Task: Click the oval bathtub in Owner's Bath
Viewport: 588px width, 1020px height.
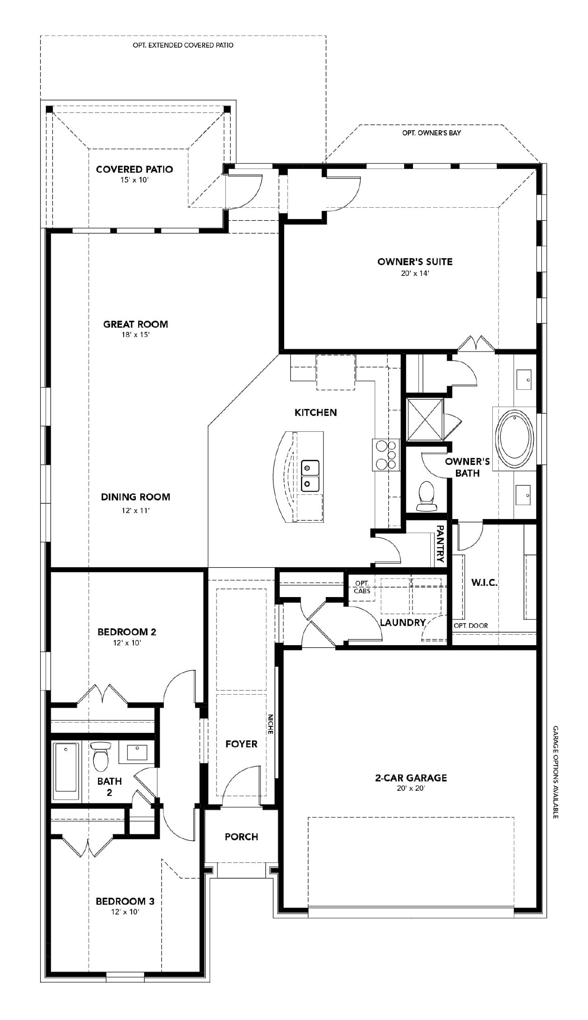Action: pyautogui.click(x=514, y=439)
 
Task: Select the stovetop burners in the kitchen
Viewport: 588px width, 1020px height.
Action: pyautogui.click(x=386, y=454)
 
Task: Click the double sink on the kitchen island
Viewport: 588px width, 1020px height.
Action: pyautogui.click(x=310, y=475)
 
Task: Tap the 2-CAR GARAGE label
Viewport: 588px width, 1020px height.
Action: pyautogui.click(x=411, y=778)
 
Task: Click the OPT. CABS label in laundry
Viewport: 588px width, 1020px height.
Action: pyautogui.click(x=362, y=587)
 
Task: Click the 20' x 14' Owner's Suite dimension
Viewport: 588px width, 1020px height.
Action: pyautogui.click(x=414, y=273)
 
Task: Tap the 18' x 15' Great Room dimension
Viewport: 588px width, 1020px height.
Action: pyautogui.click(x=135, y=335)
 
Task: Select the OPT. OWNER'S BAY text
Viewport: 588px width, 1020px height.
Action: pyautogui.click(x=431, y=133)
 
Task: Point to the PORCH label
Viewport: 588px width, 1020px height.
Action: pyautogui.click(x=241, y=837)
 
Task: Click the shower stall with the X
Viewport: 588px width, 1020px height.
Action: pyautogui.click(x=425, y=419)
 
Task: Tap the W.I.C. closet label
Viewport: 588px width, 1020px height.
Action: pyautogui.click(x=484, y=583)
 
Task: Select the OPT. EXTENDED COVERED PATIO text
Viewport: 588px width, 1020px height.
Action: pyautogui.click(x=183, y=45)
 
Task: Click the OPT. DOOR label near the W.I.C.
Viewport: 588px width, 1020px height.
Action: pyautogui.click(x=470, y=626)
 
